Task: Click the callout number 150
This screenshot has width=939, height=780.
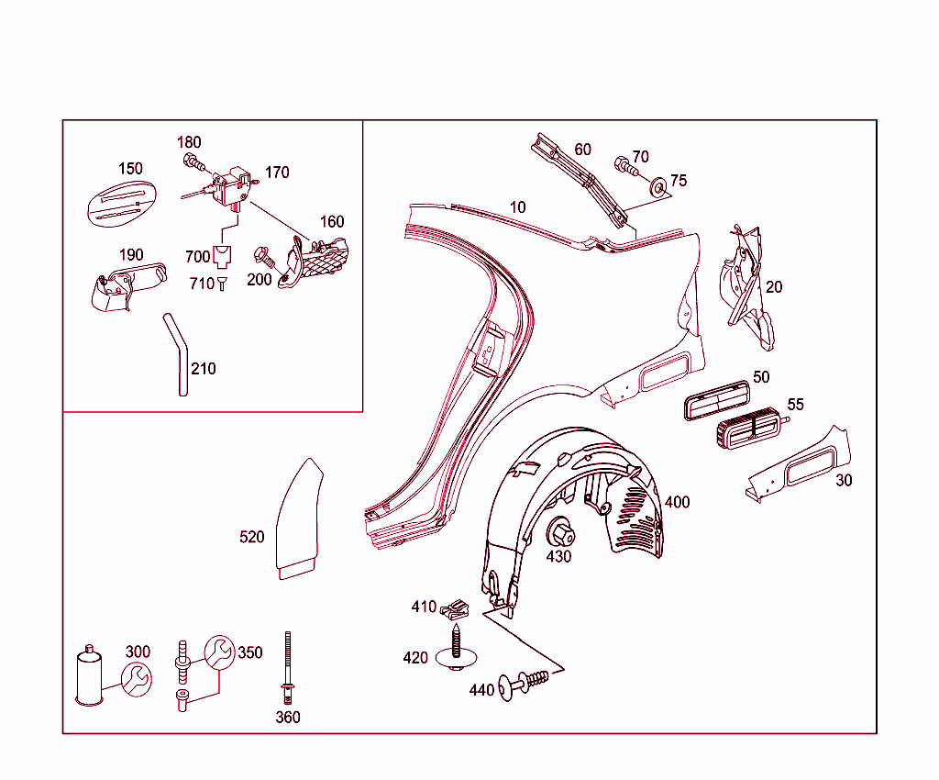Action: coord(130,169)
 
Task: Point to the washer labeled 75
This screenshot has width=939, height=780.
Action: coord(657,188)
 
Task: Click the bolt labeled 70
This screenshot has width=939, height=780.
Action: coord(624,167)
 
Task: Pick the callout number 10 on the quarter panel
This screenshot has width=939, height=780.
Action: coord(518,207)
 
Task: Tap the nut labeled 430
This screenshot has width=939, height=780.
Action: coord(558,533)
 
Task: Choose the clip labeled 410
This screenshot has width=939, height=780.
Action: coord(455,608)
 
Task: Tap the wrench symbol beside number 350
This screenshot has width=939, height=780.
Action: coord(219,652)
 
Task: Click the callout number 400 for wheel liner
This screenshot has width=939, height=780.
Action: coord(678,502)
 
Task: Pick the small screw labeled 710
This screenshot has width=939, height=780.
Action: coord(222,284)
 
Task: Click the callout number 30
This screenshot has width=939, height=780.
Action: coord(844,480)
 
